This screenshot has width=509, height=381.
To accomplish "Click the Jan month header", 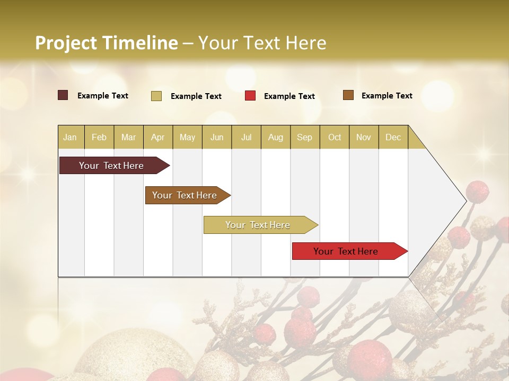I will click(70, 137).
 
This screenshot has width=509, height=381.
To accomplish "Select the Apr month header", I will click(157, 137).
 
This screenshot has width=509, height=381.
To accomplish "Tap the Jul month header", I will click(246, 137).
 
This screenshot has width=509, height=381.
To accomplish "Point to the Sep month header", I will click(304, 137).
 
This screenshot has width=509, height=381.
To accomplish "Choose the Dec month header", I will click(393, 137).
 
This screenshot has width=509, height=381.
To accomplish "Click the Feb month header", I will click(99, 137).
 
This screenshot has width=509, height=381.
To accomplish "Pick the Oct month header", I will click(335, 137).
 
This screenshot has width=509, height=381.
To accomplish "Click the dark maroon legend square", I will click(63, 95).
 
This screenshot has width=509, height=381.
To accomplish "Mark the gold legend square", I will click(156, 96).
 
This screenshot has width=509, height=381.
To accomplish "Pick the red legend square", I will click(250, 96).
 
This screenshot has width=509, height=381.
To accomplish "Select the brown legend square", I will click(348, 95).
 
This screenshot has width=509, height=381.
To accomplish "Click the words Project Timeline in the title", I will click(106, 43).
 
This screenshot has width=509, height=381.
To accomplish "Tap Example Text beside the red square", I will click(289, 96).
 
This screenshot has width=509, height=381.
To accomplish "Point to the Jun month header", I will click(217, 137).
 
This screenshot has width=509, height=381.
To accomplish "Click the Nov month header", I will click(364, 137).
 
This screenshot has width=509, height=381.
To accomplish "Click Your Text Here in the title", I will click(262, 43).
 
